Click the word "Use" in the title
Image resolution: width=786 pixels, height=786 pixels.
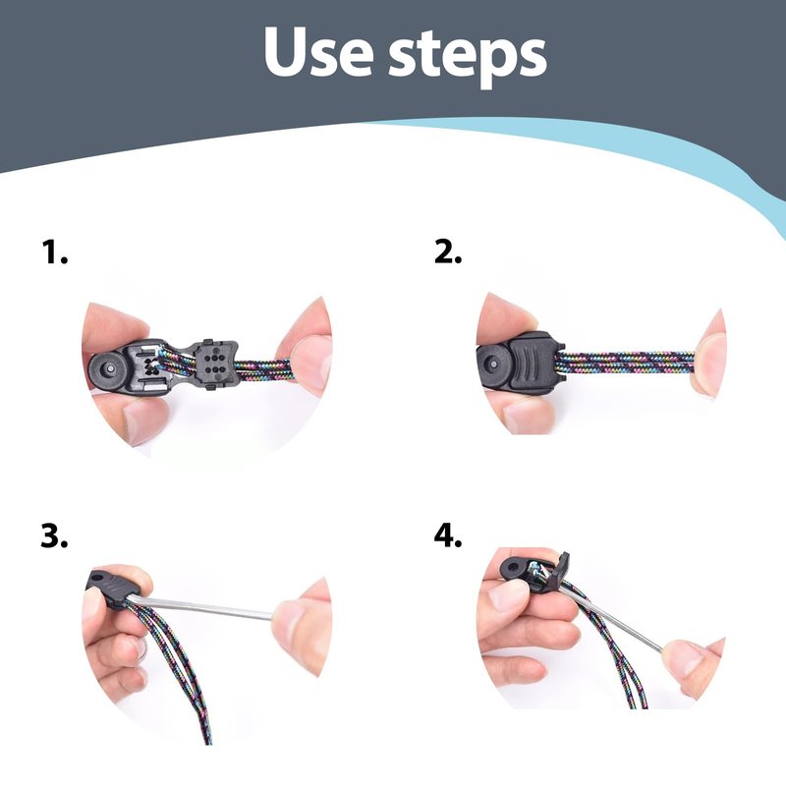pos(318,52)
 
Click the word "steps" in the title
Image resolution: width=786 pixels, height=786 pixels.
pos(468,58)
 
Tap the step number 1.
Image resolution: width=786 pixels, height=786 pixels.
pos(54,252)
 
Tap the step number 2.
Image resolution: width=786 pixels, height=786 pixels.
pos(448,252)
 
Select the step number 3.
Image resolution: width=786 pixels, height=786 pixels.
pos(54,535)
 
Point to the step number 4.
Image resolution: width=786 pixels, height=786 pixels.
pos(448,535)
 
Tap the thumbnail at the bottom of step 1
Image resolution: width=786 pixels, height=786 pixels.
pos(145,419)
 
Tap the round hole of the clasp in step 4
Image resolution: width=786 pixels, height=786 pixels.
pos(512,568)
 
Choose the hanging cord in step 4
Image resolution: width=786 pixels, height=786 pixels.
pos(609,646)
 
